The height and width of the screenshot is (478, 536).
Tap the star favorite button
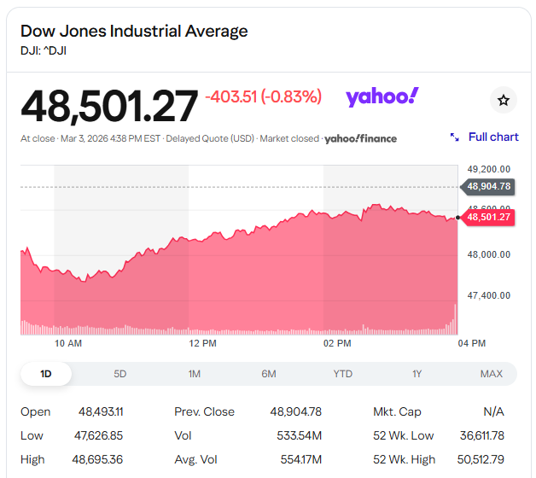click(x=504, y=101)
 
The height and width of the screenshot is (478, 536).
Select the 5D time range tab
click(x=120, y=374)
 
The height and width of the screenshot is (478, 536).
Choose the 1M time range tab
click(x=195, y=374)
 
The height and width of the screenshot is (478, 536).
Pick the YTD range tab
click(x=343, y=374)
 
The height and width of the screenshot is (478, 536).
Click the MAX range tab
click(x=492, y=374)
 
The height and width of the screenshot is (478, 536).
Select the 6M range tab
click(x=269, y=374)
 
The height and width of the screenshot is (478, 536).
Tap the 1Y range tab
click(x=417, y=374)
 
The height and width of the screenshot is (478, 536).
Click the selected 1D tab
click(x=46, y=374)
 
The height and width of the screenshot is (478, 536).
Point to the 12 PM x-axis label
click(x=202, y=343)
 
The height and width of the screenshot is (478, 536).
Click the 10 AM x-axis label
click(x=68, y=343)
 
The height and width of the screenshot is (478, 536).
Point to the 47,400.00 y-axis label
click(x=489, y=295)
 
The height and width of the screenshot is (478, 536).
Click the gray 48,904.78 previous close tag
click(x=488, y=186)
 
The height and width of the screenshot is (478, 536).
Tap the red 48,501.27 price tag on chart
click(x=488, y=217)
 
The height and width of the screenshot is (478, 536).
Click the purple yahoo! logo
click(x=382, y=96)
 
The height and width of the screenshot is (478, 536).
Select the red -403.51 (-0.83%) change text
click(x=263, y=97)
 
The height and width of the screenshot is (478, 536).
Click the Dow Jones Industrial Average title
click(x=134, y=32)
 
